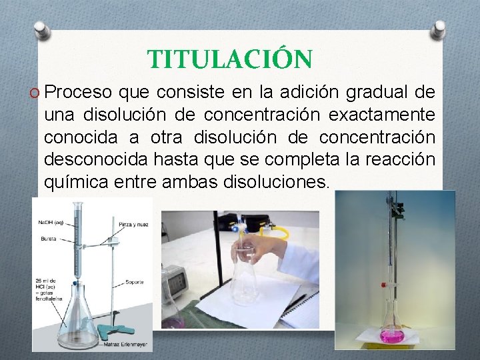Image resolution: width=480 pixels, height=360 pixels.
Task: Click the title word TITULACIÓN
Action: point(229,59)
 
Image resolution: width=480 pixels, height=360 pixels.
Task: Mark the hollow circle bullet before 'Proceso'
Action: point(33,92)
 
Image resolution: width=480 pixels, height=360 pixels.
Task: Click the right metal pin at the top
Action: point(439,29)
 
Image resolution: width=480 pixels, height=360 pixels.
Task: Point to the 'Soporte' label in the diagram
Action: point(135,282)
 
